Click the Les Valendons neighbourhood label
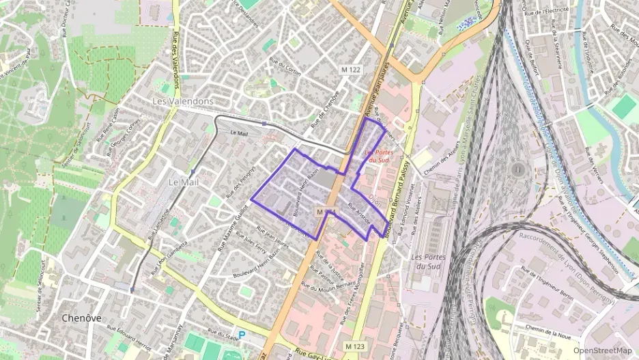click(x=182, y=101)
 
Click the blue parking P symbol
click(x=241, y=335)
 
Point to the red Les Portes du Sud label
click(x=380, y=156)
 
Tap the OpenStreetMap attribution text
click(x=602, y=350)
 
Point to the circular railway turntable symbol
click(x=517, y=168)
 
